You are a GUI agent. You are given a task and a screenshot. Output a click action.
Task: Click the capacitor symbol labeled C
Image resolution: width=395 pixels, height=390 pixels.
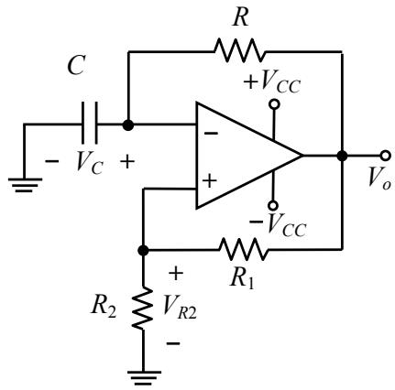coord(90,123)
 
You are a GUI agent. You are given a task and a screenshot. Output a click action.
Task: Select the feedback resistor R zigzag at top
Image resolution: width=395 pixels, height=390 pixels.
coord(239,50)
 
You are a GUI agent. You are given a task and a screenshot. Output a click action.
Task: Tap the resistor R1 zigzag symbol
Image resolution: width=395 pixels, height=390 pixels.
coord(244,249)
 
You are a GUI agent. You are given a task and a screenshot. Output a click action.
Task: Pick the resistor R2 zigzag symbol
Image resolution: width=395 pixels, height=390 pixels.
coord(143,308)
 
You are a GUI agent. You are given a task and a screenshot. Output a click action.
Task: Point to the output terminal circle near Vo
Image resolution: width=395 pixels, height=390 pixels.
coord(386,156)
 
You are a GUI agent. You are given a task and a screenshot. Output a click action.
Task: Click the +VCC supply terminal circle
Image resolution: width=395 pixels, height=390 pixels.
coord(274,104)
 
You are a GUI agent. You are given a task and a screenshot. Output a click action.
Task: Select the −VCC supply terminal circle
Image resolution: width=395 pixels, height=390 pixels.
coord(273,205)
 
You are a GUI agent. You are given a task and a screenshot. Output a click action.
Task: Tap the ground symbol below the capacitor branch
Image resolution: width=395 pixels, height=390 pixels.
coord(25,185)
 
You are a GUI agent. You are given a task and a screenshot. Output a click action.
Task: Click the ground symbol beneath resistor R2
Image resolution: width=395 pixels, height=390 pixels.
coord(144,378)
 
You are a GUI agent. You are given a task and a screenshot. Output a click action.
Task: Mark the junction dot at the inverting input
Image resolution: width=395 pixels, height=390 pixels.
coord(128,125)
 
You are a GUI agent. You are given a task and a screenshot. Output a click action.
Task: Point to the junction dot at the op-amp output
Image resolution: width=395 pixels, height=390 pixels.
coord(342,156)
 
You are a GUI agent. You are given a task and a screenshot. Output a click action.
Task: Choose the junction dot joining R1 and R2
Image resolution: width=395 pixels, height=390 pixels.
coord(143,250)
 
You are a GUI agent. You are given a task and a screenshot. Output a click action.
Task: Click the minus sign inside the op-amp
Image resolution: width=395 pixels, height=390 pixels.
coord(211,133)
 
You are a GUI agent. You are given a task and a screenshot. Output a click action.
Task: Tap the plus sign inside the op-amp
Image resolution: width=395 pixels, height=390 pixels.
coord(210,181)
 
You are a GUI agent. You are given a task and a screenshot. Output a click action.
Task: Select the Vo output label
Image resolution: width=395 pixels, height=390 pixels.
coord(379,178)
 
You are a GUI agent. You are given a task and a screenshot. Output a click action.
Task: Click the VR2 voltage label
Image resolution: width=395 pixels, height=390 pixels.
coord(180,308)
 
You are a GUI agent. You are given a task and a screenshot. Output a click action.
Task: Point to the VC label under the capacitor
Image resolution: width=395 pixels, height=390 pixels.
coord(90,162)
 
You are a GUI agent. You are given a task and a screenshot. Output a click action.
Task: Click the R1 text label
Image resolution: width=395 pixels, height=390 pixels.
coord(242,279)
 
